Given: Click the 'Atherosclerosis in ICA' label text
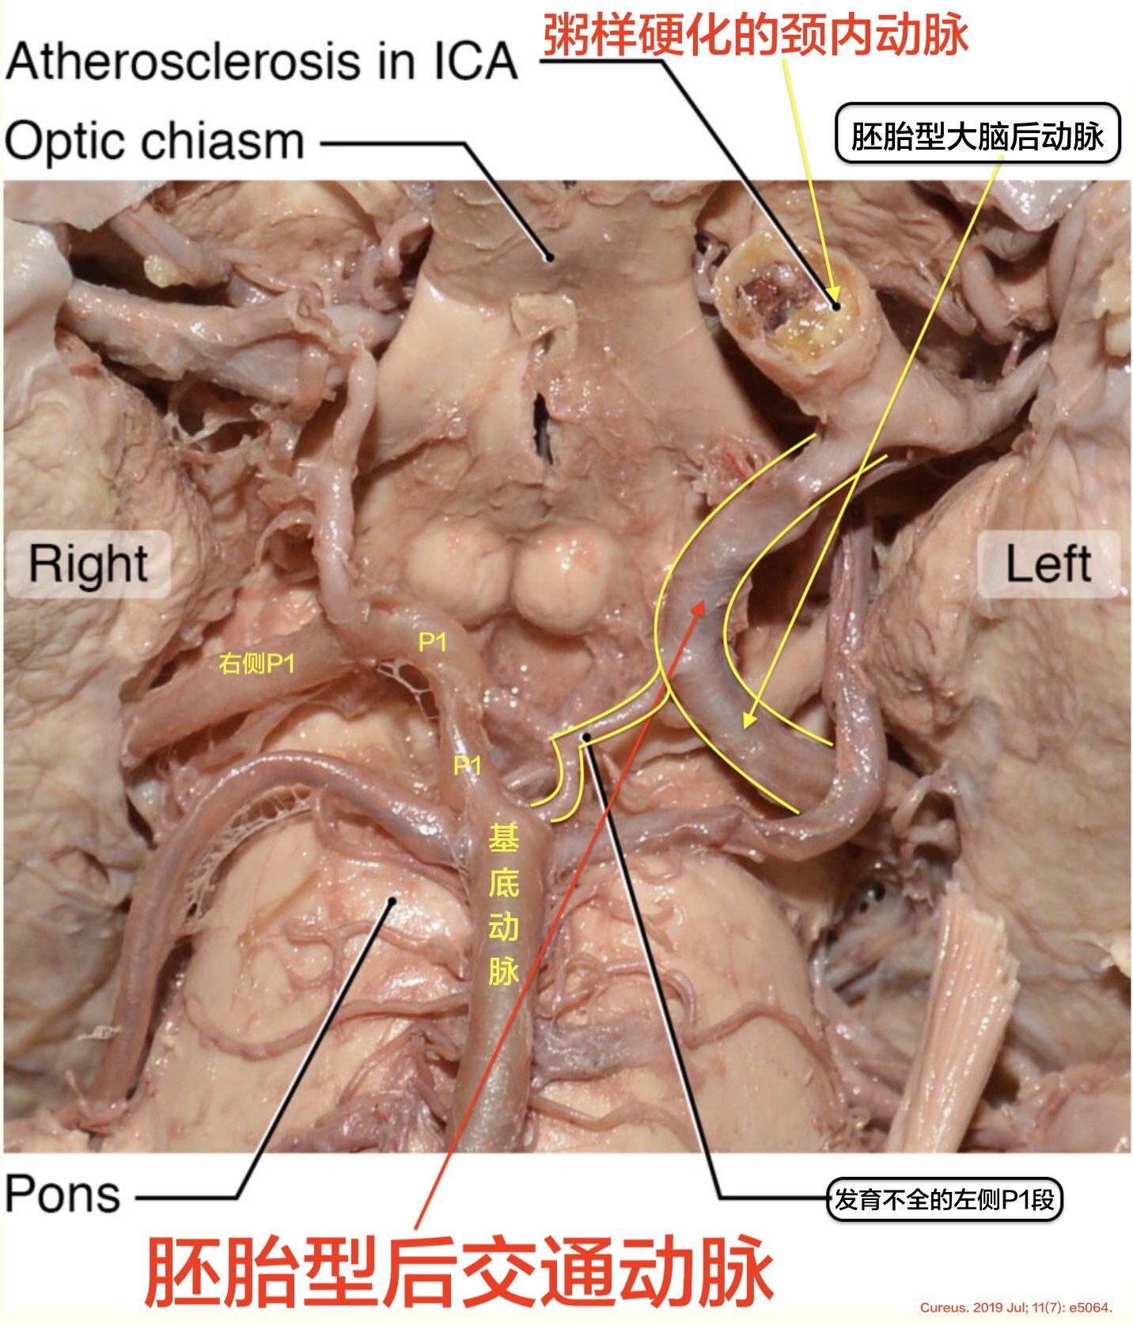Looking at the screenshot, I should (261, 62).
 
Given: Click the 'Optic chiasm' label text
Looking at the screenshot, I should (154, 142).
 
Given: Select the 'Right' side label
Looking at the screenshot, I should (88, 564).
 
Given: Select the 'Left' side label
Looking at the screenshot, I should (1048, 564).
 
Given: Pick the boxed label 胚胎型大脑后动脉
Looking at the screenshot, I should (977, 135).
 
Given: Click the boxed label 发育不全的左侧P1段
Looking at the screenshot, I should (944, 1200).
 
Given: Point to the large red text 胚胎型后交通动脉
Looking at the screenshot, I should (459, 1271).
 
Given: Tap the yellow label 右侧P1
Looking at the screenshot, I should (256, 663).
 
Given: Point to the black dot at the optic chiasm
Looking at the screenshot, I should (547, 256).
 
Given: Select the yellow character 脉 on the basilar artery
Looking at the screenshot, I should (503, 971).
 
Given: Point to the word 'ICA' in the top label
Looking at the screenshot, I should (475, 62).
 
